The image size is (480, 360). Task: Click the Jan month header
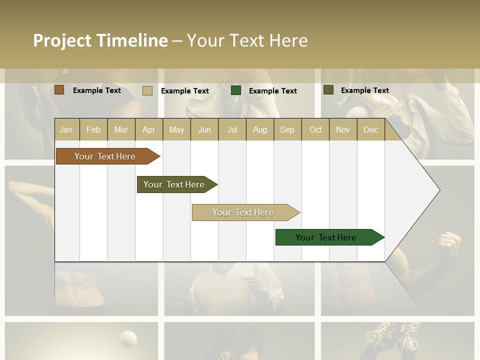click(66, 129)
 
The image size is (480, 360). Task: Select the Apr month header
click(148, 129)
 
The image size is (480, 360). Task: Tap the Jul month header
click(232, 129)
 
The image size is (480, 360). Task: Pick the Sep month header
click(287, 129)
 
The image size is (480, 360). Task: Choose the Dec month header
click(370, 129)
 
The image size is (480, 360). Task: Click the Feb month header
click(93, 129)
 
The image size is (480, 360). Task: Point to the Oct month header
click(315, 129)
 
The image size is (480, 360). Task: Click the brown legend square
click(59, 90)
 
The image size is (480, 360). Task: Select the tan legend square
click(147, 90)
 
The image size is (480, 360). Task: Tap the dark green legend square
click(236, 90)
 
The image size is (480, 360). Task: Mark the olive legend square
click(328, 90)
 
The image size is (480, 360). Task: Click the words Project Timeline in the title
click(100, 40)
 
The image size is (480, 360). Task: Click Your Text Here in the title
click(247, 40)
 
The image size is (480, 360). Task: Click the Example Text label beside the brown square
click(97, 90)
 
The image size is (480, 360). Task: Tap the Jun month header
click(204, 129)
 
